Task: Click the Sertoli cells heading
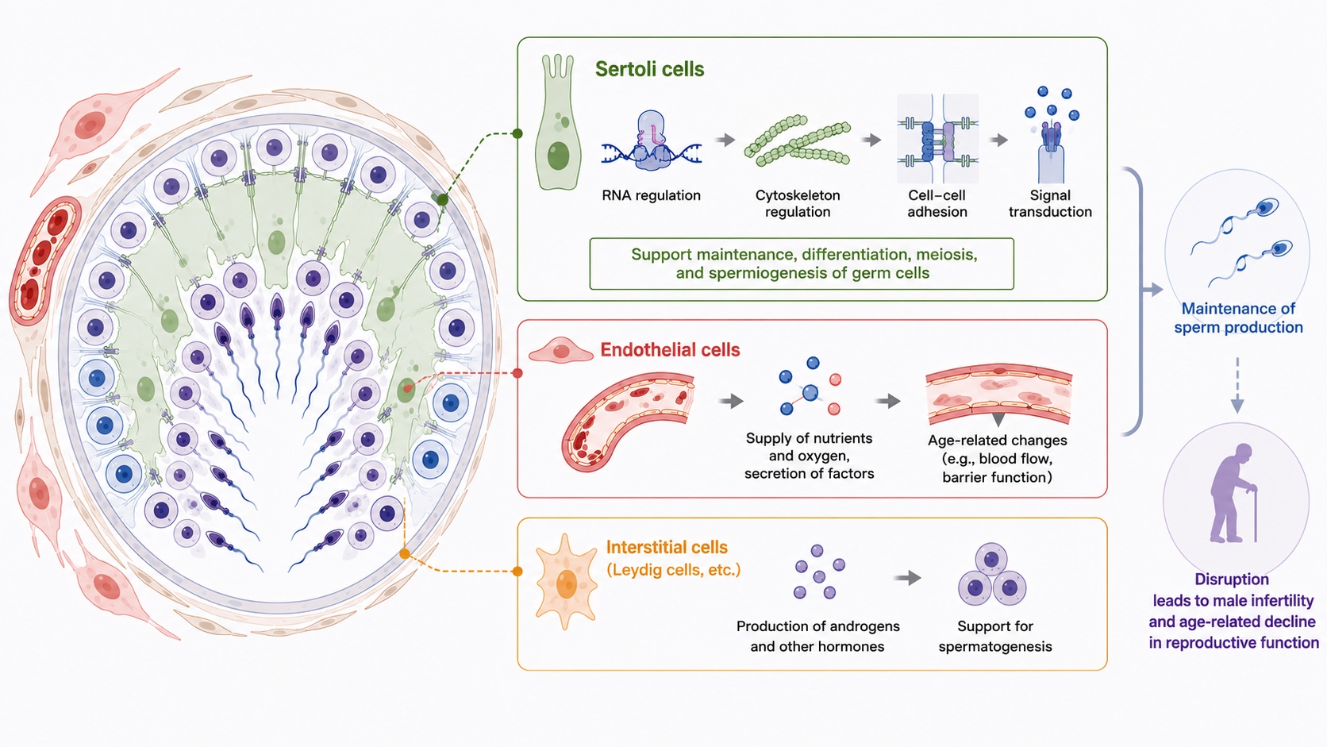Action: (649, 69)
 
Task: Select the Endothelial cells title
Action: (670, 350)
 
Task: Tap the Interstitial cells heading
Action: (667, 548)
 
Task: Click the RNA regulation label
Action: (651, 195)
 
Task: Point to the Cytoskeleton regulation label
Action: (798, 203)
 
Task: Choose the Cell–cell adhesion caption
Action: (937, 203)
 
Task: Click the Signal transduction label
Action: (1050, 203)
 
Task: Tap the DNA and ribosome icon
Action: (651, 141)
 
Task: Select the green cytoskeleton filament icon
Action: (798, 141)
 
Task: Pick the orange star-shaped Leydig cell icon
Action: (567, 582)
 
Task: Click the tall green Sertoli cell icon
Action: (557, 122)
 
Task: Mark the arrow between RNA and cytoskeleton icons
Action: (725, 141)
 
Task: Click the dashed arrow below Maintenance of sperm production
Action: (1237, 385)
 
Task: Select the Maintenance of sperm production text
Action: (1238, 318)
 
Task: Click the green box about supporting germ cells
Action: (802, 264)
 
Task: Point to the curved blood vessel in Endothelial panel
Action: (628, 421)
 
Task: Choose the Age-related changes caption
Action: (998, 459)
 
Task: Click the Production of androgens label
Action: (818, 636)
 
